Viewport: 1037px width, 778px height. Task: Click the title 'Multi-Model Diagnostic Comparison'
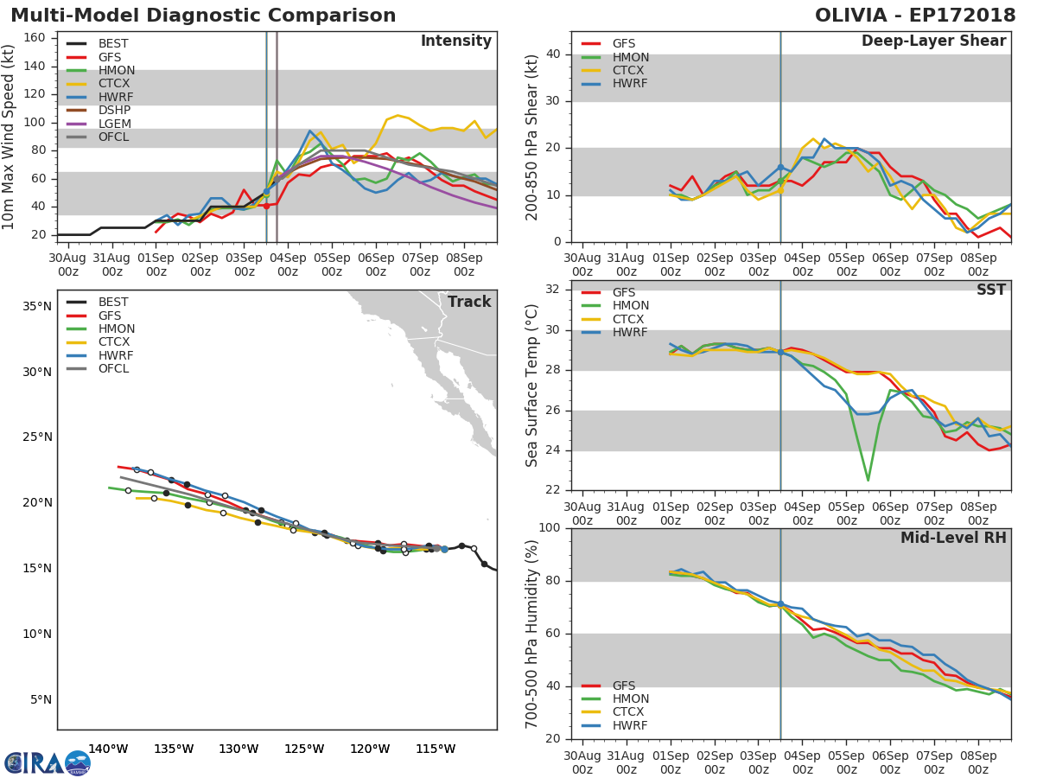203,16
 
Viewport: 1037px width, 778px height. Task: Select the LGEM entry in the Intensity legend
114,124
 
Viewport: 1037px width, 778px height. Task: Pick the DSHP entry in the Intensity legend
115,111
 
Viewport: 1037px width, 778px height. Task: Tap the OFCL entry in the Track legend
113,369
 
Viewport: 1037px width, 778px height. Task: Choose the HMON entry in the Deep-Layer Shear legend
630,57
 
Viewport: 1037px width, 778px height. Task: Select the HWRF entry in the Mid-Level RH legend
630,725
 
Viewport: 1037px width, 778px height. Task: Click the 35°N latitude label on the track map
36,306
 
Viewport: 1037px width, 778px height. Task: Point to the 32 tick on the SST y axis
554,290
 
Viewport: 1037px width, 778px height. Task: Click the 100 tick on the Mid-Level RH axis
550,528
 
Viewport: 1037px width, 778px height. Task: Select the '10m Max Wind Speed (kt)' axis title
10,137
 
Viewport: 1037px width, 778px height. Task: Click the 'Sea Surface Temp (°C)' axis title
532,386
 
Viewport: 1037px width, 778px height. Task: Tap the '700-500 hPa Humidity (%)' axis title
532,633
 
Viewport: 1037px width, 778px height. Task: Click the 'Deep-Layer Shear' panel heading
933,41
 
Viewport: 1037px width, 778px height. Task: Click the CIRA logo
47,762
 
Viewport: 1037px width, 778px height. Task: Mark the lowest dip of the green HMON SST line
868,480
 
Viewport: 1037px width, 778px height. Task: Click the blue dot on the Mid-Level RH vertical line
780,603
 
